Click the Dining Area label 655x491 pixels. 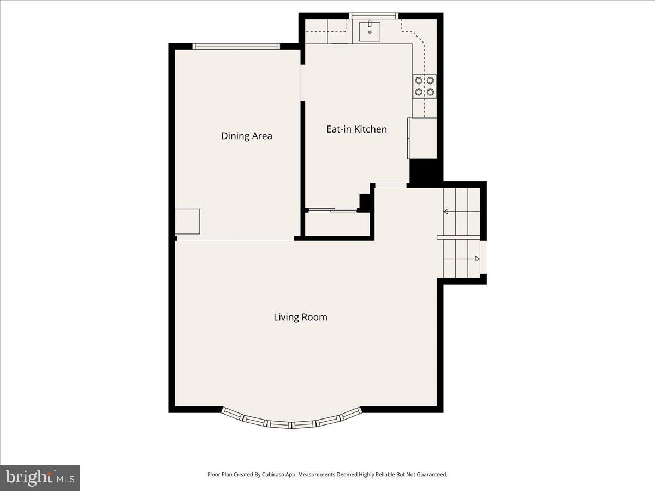246,136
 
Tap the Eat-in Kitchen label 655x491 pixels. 356,129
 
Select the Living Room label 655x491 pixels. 300,317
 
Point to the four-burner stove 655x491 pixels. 424,86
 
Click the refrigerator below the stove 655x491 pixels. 422,139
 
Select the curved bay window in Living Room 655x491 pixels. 291,422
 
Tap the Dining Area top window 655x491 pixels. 236,46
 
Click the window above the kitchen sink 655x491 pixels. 374,15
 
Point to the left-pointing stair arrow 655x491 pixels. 446,212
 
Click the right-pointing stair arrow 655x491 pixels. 476,259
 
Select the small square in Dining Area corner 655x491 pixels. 187,221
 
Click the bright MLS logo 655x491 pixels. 40,478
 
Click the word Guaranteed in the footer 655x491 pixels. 432,475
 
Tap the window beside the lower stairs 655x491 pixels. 484,256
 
